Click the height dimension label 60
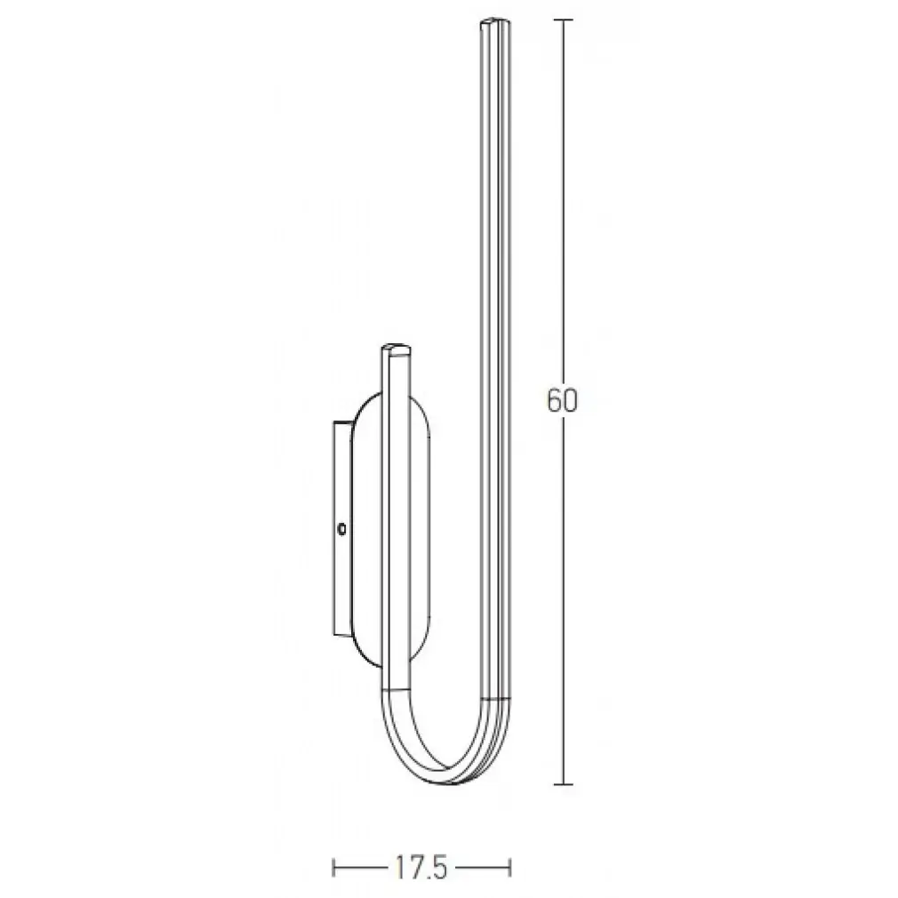pos(562,401)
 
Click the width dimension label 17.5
pos(421,869)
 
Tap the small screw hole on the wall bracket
pos(342,529)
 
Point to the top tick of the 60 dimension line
pos(564,20)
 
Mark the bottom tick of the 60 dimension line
pos(564,784)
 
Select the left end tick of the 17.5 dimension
pos(333,868)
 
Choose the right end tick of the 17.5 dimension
pos(509,868)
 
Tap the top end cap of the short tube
pos(397,349)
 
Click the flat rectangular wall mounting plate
pos(342,529)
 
